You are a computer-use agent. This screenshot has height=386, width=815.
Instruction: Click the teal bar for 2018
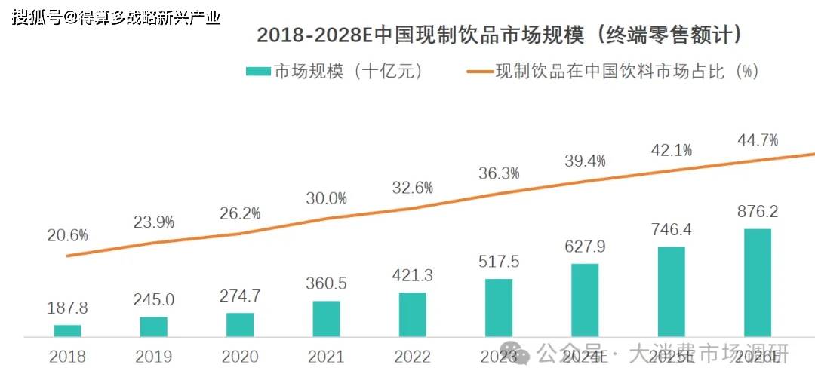point(67,330)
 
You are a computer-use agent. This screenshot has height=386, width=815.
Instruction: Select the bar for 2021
point(326,318)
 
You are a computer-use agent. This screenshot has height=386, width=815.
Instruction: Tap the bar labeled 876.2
point(757,282)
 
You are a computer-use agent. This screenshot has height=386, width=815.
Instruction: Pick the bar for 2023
point(498,307)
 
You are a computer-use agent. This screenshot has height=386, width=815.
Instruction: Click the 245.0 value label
point(154,299)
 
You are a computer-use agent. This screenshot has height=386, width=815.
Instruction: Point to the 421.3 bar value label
point(412,275)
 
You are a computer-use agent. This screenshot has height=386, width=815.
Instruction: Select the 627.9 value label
point(585,247)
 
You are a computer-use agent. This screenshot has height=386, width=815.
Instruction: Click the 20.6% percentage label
point(66,235)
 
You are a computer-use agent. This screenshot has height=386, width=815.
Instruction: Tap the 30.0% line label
point(326,198)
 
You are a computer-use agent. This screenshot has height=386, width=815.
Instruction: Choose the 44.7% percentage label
point(758,139)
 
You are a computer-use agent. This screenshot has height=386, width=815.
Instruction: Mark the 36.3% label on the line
point(499,173)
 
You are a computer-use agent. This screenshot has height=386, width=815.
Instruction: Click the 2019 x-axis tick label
point(154,357)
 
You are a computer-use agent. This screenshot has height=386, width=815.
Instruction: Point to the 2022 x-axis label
point(412,357)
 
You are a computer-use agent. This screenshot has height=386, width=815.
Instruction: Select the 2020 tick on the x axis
point(240,357)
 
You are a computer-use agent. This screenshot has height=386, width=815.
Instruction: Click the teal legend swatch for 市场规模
point(258,72)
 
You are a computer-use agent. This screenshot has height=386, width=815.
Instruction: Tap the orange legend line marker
point(479,72)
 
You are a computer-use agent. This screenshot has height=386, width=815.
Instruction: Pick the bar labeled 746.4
point(671,291)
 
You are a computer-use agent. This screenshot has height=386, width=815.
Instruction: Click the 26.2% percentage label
point(240,213)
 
